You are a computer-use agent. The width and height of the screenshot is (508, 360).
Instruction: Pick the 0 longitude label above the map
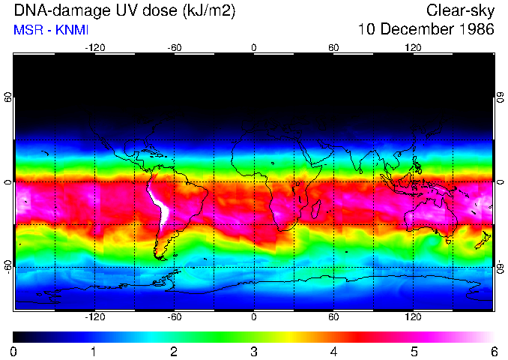pyautogui.click(x=254, y=47)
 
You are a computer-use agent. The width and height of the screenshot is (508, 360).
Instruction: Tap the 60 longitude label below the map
pyautogui.click(x=333, y=317)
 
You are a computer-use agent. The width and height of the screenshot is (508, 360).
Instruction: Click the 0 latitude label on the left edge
pyautogui.click(x=8, y=182)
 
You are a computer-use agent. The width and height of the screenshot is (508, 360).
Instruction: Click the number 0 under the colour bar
pyautogui.click(x=14, y=351)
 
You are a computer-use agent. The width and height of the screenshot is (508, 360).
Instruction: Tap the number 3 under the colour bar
pyautogui.click(x=254, y=351)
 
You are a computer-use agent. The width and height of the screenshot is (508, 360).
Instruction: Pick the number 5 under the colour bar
pyautogui.click(x=414, y=351)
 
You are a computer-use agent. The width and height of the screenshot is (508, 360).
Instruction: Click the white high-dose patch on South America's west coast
pyautogui.click(x=158, y=208)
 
